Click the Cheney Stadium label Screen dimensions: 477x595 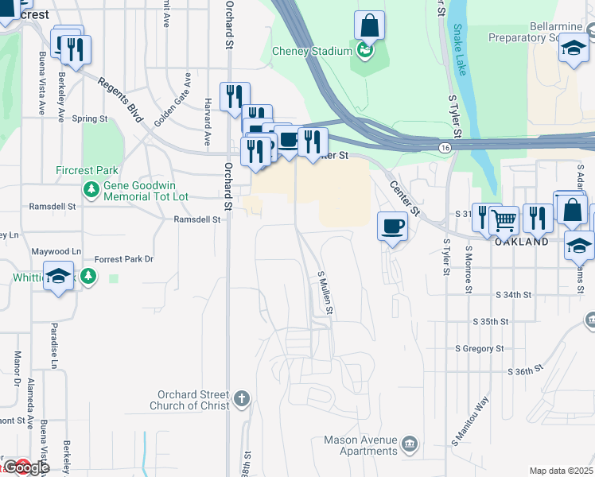[312, 52]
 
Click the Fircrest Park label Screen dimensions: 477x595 [87, 170]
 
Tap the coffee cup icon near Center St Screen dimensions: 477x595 [392, 227]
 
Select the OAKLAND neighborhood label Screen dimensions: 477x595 [522, 242]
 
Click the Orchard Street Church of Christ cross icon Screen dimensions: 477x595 [242, 397]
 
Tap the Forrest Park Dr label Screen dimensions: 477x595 [123, 259]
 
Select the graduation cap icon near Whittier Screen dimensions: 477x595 [58, 276]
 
